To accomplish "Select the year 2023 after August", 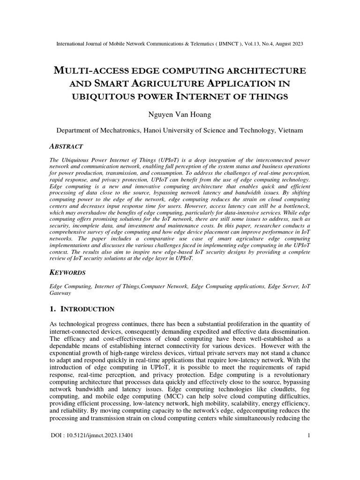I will pyautogui.click(x=296, y=44).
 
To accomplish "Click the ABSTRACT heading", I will pyautogui.click(x=67, y=146).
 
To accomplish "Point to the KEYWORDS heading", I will pyautogui.click(x=68, y=272).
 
